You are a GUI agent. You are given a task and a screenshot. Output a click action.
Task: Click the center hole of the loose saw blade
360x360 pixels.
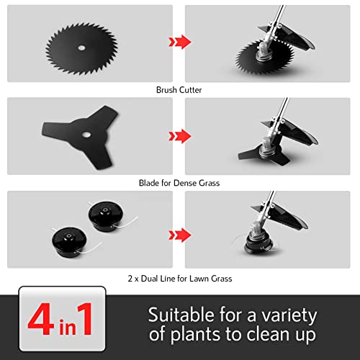point(81,48)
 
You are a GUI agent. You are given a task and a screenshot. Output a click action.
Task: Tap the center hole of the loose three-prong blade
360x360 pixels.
point(86,135)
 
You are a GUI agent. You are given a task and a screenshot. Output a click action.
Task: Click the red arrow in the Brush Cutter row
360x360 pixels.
point(180,42)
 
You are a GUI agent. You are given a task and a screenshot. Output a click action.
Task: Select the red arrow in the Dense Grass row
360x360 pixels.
point(180,136)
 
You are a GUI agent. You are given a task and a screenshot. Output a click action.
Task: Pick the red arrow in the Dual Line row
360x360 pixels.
point(180,235)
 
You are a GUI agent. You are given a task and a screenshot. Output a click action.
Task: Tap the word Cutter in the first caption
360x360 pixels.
point(191,90)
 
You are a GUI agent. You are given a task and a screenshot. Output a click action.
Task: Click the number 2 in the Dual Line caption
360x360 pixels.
point(130,279)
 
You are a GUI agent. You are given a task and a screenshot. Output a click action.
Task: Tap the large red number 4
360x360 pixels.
point(41,319)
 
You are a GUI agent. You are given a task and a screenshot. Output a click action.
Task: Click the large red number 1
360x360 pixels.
point(85,318)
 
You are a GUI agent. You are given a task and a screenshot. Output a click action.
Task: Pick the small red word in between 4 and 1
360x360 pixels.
point(68,326)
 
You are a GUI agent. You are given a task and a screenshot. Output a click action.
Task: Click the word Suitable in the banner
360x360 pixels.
point(181,315)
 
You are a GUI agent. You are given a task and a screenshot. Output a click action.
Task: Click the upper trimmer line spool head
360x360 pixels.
point(106,216)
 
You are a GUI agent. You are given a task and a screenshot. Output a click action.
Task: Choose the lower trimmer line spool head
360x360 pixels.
point(69,243)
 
